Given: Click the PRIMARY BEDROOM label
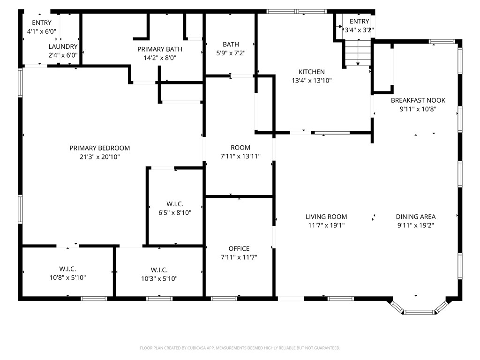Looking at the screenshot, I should coord(100,148).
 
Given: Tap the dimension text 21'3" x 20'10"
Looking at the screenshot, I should coord(100,157).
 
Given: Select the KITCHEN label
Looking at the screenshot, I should coord(312,72).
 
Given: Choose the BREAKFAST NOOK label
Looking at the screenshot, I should coord(418,100).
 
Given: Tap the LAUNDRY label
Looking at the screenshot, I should coord(63,46).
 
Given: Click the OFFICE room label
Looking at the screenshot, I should coord(239,248).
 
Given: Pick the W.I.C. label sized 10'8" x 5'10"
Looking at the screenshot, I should coord(67,269).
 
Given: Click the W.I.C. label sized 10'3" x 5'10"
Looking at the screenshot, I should coord(159,270).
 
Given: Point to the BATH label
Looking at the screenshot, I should coord(231,45).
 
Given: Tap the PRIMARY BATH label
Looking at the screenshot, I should coord(160,49).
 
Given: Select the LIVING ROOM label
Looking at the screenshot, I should coord(326,217).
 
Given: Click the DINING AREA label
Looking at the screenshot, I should coord(416,217).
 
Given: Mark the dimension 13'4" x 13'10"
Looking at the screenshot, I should coord(312,81).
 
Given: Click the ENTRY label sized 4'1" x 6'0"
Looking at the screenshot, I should coord(42,22).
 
